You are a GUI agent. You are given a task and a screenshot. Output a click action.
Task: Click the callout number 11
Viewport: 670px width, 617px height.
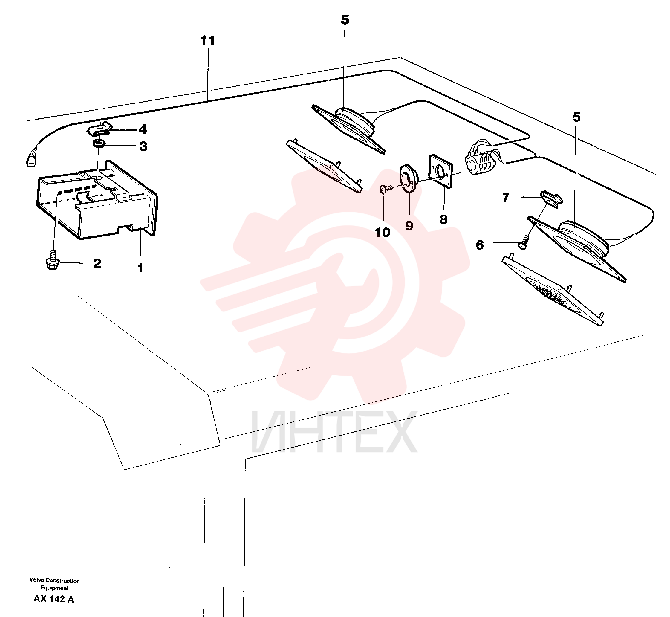pos(207,41)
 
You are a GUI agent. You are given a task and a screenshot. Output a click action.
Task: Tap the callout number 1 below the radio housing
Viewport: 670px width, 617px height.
pos(140,268)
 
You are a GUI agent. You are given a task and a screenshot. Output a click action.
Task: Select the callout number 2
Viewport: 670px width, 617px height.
pos(97,263)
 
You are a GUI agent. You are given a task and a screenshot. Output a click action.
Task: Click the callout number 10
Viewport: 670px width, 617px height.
pos(383,232)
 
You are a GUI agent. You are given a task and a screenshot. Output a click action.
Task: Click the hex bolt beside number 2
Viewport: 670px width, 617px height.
pos(52,260)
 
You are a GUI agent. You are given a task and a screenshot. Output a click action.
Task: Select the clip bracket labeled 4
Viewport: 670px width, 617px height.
pos(100,129)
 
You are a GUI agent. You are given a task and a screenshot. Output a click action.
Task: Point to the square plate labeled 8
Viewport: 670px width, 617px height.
pos(440,171)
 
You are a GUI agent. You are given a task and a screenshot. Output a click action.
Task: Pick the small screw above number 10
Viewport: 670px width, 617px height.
pos(386,189)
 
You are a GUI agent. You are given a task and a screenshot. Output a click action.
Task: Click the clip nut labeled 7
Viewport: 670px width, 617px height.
pos(551,199)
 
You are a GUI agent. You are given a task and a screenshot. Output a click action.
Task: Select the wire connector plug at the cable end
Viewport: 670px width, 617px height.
pos(31,161)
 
